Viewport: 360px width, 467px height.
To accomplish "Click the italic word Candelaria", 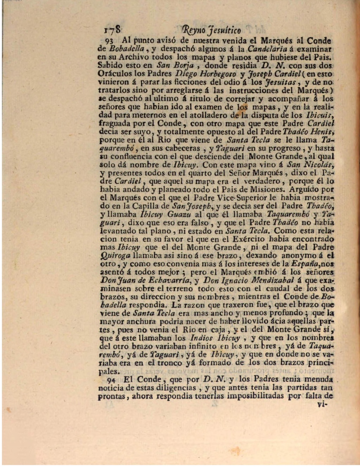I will click(x=267, y=49).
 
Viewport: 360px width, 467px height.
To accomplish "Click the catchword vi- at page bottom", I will click(x=322, y=404).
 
